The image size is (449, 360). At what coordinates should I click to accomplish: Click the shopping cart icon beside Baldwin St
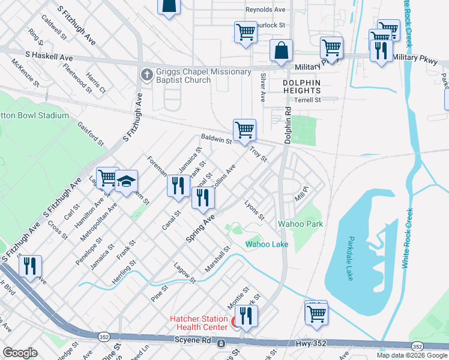[x=244, y=130]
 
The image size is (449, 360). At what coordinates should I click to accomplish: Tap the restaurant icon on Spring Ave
[x=203, y=198]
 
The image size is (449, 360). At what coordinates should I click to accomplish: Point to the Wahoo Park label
[x=300, y=224]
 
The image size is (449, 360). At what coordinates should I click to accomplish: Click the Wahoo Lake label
[x=267, y=244]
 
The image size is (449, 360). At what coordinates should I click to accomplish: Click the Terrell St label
[x=308, y=100]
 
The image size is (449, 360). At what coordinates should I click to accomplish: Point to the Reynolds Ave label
[x=265, y=10]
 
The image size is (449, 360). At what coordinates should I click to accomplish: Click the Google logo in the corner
[x=20, y=353]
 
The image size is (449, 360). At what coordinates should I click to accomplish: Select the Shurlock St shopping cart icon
[x=246, y=32]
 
